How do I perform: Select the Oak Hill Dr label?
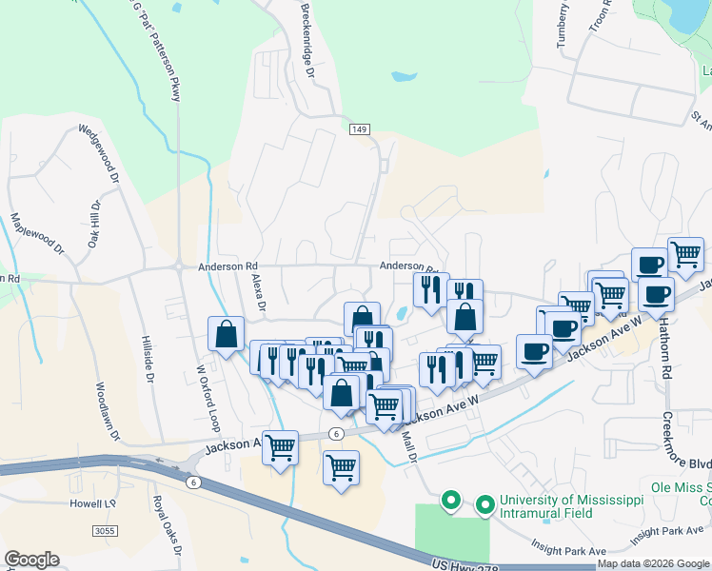click(94, 225)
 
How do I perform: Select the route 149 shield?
click(358, 128)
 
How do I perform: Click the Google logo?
click(31, 560)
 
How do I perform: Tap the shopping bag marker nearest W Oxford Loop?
click(226, 335)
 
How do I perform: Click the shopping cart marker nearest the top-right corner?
click(685, 254)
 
